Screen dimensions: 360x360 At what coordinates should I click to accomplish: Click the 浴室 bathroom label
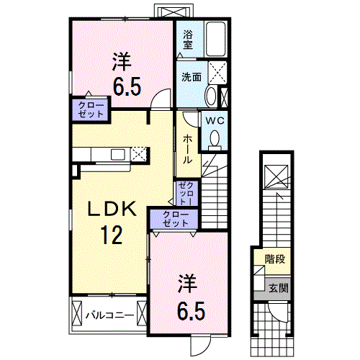(188, 39)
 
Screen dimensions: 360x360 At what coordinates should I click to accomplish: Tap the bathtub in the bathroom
(217, 39)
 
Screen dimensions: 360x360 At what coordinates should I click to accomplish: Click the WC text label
(215, 122)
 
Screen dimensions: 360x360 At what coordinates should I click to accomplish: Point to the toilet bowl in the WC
(215, 138)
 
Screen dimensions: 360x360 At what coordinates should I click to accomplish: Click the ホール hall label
(187, 148)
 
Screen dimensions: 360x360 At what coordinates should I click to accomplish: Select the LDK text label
(112, 209)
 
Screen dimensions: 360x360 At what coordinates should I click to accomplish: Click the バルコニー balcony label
(109, 315)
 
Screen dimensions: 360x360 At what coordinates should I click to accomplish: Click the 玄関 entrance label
(278, 288)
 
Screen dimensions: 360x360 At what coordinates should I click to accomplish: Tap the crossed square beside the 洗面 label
(217, 73)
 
